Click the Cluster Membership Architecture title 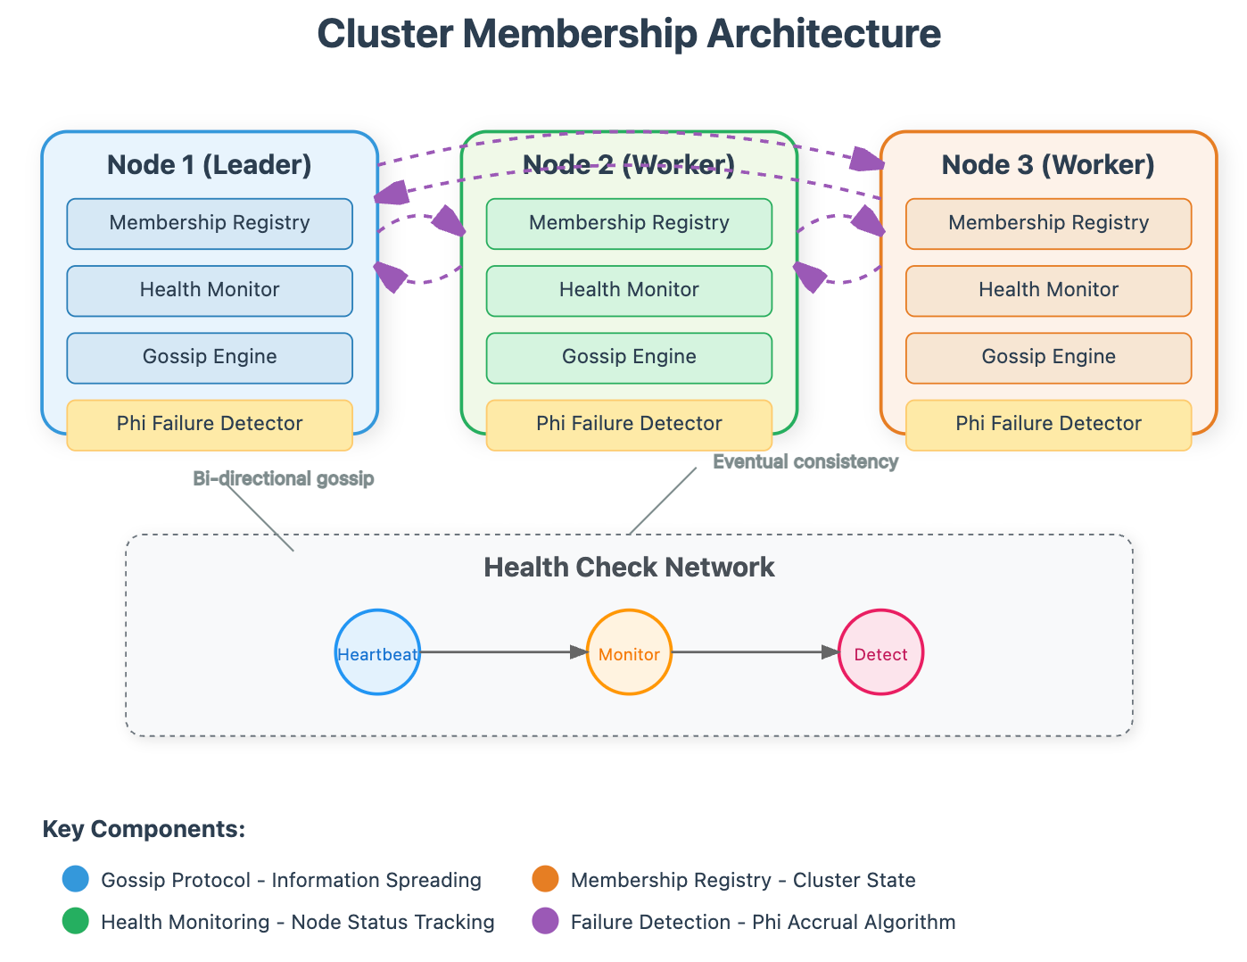coord(628,33)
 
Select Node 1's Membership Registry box coord(210,223)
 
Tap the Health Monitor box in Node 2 coord(629,290)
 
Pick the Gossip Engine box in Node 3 coord(1048,358)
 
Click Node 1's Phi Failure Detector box coord(210,425)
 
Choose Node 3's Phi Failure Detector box coord(1048,425)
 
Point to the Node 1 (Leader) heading coord(210,165)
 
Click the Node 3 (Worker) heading coord(1048,165)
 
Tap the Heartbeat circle coord(377,652)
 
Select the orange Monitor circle coord(629,652)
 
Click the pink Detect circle coord(881,652)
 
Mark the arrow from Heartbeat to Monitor coord(503,652)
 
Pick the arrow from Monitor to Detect coord(756,652)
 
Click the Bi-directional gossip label coord(284,478)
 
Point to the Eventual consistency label coord(805,461)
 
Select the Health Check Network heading coord(629,567)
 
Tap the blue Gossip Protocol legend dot coord(75,879)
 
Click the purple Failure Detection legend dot coord(545,921)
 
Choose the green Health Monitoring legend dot coord(75,921)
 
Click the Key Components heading coord(144,829)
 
